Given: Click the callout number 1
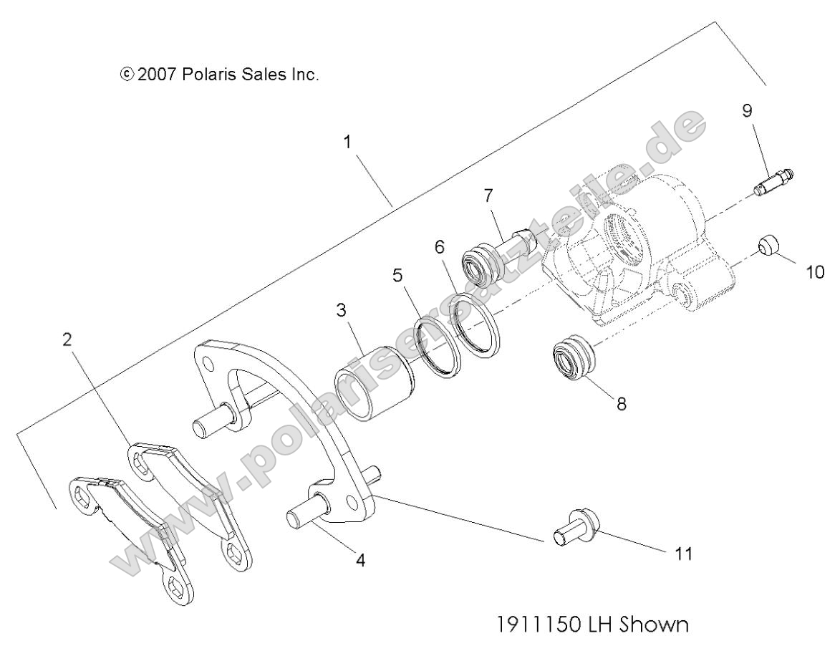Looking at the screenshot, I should [347, 142].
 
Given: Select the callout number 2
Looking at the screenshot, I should [68, 339].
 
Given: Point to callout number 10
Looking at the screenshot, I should [815, 272].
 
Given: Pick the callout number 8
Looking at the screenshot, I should [621, 405].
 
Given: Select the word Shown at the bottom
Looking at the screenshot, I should [654, 626].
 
